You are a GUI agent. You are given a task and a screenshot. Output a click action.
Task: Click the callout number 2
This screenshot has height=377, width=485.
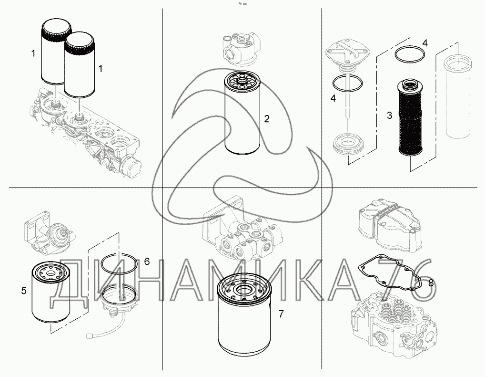[x=267, y=119]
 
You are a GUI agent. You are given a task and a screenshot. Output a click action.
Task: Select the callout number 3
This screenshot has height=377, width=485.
[x=389, y=115]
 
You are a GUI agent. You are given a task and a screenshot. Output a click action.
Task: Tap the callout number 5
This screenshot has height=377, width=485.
[x=24, y=291]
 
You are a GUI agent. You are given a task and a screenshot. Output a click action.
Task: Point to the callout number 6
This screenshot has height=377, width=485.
[x=147, y=262]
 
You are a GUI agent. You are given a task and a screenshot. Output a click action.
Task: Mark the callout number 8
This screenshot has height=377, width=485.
[x=431, y=283]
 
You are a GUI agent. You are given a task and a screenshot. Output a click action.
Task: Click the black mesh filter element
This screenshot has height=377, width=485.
[x=410, y=117]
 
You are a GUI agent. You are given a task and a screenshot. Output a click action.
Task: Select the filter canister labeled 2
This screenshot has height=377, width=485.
[x=242, y=112]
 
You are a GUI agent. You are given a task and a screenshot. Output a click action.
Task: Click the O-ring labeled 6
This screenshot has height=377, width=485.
[x=119, y=263]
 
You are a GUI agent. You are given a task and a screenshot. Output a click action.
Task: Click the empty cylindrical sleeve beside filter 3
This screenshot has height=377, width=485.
[x=457, y=96]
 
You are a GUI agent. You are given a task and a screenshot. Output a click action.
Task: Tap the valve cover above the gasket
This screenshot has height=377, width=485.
[x=390, y=227]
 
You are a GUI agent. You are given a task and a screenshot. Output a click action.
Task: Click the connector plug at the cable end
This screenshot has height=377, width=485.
[x=90, y=335]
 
